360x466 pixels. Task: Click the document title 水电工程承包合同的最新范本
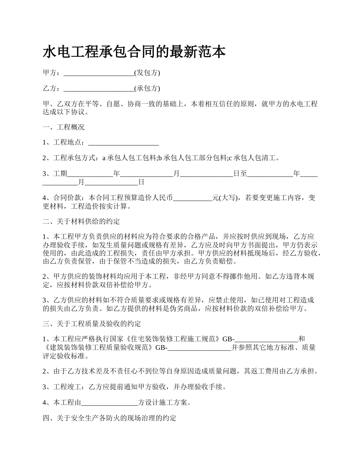tap(134, 52)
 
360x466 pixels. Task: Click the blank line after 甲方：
tap(99, 73)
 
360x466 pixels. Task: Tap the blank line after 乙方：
tap(99, 89)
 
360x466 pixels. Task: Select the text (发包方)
tap(147, 73)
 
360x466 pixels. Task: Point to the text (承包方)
tap(147, 89)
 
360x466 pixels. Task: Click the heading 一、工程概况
tap(64, 127)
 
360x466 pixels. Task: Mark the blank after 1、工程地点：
tap(123, 143)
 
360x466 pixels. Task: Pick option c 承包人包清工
tap(254, 158)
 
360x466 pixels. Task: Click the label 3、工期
tap(55, 174)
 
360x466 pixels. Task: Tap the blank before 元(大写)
tap(192, 198)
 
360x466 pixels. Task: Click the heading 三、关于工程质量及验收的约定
tap(92, 324)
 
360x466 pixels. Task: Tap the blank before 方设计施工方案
tap(110, 402)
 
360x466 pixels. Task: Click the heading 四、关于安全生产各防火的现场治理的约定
tap(109, 418)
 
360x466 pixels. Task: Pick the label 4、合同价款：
tap(65, 198)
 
